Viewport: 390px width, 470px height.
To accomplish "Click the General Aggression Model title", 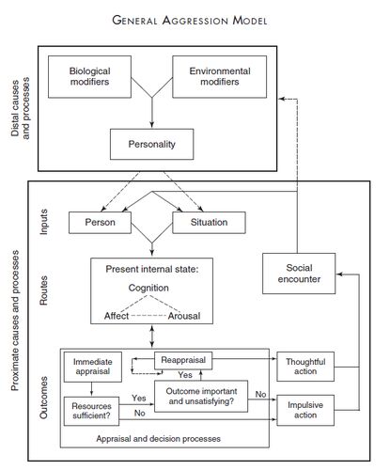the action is point(190,21).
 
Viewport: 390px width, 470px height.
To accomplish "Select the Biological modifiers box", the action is point(89,77).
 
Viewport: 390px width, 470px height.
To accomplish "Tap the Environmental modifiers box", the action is point(220,77).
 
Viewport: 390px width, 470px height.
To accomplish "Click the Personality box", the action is point(152,144).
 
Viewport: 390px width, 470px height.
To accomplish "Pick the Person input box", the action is point(100,223).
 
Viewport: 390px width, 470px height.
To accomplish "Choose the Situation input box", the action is point(209,223).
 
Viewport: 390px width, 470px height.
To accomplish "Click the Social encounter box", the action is point(299,274).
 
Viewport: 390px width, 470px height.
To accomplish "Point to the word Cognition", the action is point(148,288).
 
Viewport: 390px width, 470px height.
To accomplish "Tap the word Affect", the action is point(117,316).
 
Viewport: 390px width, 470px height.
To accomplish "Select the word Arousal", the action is point(184,316).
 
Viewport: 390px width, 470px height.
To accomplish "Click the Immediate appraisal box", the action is point(93,367).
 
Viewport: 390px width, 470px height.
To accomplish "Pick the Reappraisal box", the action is point(183,360).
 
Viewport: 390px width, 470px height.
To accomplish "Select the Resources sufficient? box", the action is point(91,411).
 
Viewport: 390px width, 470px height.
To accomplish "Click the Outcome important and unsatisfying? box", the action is point(201,397).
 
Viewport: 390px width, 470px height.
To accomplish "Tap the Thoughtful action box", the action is point(305,367).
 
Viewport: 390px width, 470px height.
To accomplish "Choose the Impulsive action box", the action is point(305,410).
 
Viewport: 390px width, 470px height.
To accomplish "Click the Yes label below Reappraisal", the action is point(185,375).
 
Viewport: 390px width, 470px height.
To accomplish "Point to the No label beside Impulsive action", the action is point(260,394).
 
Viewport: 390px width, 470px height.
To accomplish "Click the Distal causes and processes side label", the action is point(21,107).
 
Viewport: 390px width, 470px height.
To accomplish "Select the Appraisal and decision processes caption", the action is point(158,439).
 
